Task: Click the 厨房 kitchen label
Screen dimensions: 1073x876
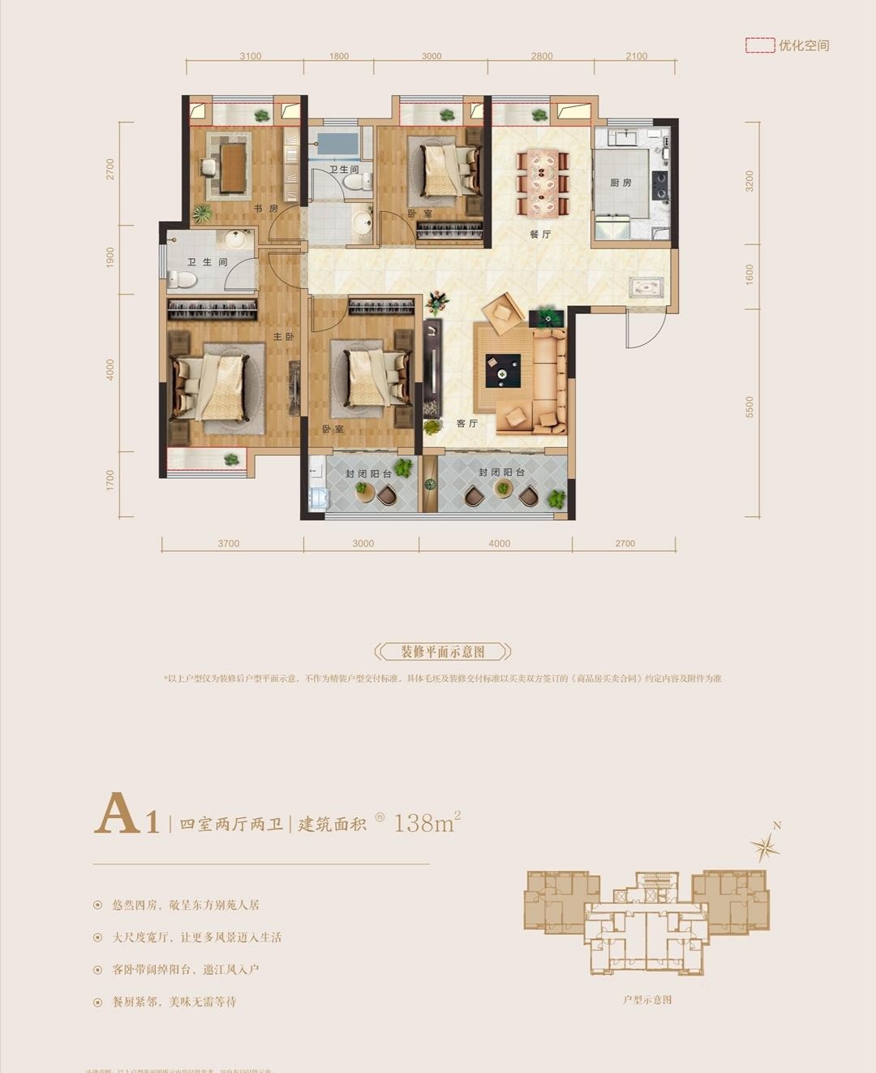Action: point(620,183)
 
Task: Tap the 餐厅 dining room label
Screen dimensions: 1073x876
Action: point(540,235)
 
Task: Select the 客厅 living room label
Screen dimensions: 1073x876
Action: point(466,424)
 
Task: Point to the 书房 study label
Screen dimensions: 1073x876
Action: point(265,209)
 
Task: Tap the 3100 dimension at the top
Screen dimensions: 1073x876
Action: point(251,56)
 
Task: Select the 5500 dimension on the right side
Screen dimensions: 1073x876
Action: point(749,407)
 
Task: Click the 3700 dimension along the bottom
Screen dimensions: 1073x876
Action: point(229,544)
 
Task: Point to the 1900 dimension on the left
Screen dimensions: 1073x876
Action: point(110,258)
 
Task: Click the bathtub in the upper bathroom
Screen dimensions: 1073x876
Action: point(337,144)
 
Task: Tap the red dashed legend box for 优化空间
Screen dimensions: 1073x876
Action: point(759,45)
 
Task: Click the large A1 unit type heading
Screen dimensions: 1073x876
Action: point(126,816)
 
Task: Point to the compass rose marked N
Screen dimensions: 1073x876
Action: point(764,847)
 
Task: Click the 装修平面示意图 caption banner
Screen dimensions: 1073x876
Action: point(443,652)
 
